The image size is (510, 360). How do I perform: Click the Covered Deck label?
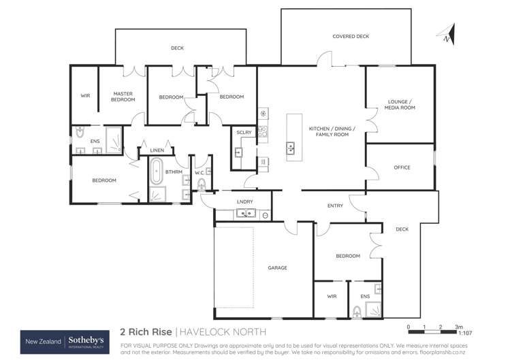[351, 36]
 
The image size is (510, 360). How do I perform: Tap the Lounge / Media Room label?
[400, 105]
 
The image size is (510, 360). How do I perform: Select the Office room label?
[402, 167]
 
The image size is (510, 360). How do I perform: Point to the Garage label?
[277, 267]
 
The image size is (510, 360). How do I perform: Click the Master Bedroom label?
[123, 97]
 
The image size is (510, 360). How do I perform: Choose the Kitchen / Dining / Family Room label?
[328, 132]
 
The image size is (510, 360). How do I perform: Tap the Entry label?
[335, 206]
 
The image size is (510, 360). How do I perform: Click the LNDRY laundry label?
[244, 202]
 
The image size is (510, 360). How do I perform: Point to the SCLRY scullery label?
[244, 132]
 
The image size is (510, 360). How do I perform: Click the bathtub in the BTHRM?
[157, 171]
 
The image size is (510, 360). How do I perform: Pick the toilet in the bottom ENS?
[357, 312]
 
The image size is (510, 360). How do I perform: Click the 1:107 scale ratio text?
[466, 333]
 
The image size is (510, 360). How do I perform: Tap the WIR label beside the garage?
[332, 296]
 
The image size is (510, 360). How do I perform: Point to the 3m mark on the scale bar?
[459, 327]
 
